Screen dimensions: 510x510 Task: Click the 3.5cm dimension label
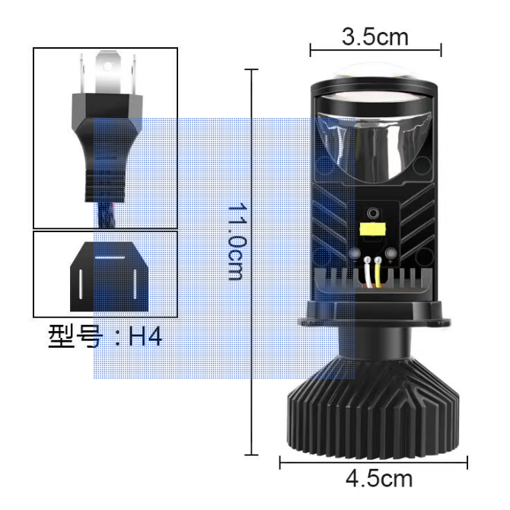[x=375, y=37]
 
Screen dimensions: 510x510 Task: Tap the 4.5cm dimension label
[x=379, y=479]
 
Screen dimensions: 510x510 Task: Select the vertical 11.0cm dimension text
[x=237, y=241]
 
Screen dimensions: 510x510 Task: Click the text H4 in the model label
[x=145, y=336]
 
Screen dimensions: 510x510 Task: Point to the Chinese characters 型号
[x=75, y=336]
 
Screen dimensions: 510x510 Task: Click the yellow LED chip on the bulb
[x=373, y=230]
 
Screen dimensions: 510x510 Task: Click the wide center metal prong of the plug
[x=108, y=72]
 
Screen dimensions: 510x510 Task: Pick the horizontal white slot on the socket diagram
[x=110, y=257]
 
